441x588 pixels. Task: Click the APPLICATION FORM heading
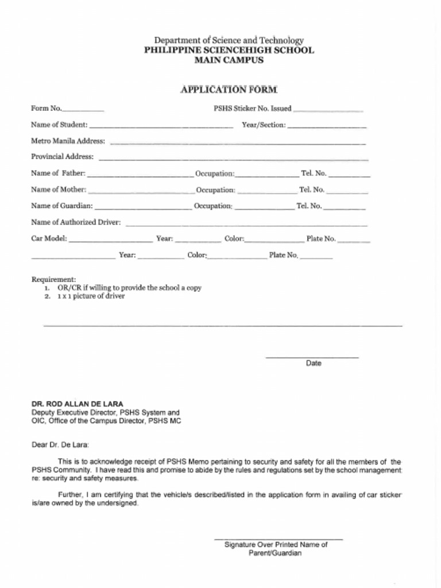coord(229,90)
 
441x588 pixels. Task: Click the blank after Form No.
coord(83,109)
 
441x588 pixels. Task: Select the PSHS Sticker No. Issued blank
coord(328,109)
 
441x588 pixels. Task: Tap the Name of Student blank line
coord(161,126)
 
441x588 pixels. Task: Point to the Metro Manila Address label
coord(68,141)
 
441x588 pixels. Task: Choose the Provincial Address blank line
coord(234,158)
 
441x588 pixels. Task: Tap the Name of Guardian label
coord(61,206)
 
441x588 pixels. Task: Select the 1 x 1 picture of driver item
coord(91,296)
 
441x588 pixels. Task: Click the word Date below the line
coord(314,363)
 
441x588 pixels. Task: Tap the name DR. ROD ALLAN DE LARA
coord(77,404)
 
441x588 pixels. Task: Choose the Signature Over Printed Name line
coord(278,539)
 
